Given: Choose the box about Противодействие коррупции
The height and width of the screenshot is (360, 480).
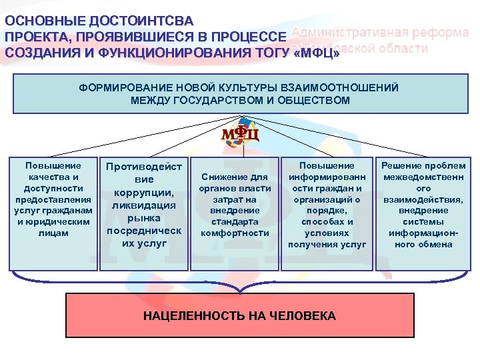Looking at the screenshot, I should point(143,213).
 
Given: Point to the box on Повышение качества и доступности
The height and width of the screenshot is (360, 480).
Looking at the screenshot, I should point(53,213).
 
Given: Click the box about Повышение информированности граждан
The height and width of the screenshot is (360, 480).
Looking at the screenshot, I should point(327,213).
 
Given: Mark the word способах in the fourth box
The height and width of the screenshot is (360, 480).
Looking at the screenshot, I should point(326,222).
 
